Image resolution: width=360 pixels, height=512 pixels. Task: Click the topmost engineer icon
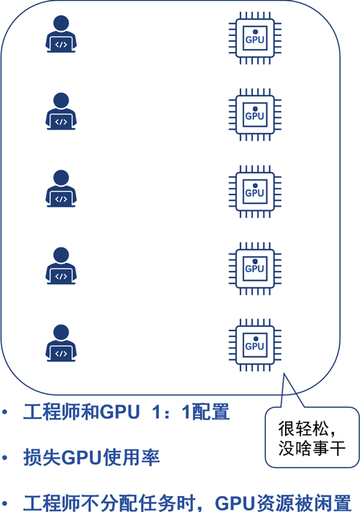[x=61, y=34]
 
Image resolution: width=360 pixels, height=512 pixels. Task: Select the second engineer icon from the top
[x=61, y=112]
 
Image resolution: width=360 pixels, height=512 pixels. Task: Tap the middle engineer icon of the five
[x=61, y=189]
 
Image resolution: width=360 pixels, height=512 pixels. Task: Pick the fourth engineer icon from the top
[x=61, y=266]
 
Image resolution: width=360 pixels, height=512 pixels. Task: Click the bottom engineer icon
[x=61, y=343]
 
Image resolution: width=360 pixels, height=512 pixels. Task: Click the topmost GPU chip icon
[x=255, y=38]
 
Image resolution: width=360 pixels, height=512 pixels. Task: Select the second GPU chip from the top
[x=255, y=114]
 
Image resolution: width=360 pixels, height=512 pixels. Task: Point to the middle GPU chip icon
[x=255, y=192]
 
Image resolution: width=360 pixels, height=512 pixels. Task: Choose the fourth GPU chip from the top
[x=255, y=269]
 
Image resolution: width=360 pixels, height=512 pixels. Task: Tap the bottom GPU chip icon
[x=255, y=345]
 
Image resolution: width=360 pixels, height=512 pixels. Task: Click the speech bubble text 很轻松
[x=303, y=428]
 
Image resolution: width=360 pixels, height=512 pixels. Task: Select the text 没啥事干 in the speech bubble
[x=312, y=448]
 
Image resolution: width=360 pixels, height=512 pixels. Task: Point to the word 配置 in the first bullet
[x=211, y=412]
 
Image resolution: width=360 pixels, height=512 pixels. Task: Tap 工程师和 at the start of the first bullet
[x=61, y=412]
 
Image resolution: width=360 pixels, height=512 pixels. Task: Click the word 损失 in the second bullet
[x=42, y=457]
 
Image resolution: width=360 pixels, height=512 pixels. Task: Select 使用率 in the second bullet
[x=132, y=457]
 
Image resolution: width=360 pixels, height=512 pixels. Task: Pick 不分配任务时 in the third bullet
[x=138, y=503]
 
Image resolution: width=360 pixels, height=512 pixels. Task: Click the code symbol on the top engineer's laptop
[x=61, y=45]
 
